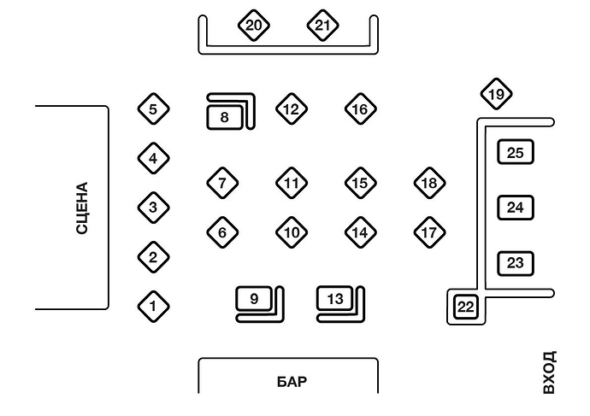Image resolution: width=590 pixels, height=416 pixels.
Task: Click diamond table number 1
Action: (x=153, y=305)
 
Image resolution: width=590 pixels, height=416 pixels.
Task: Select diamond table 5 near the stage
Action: (x=153, y=108)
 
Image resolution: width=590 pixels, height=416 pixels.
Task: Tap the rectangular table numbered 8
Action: (x=225, y=116)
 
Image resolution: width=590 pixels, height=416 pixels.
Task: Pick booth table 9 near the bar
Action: (x=254, y=298)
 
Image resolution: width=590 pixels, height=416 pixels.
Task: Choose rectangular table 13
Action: (x=335, y=298)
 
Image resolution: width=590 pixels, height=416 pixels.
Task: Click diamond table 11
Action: (x=292, y=182)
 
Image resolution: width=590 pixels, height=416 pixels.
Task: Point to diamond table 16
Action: (x=361, y=108)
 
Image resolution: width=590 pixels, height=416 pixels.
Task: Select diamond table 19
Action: (x=496, y=94)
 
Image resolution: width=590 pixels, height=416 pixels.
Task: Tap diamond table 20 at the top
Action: (x=253, y=26)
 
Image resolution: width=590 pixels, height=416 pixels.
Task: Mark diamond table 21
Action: (x=322, y=26)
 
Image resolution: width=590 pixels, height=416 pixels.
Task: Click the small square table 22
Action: (x=465, y=307)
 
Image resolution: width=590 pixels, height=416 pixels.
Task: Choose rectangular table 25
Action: (x=515, y=153)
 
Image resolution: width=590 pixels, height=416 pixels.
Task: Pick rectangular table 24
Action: (x=515, y=208)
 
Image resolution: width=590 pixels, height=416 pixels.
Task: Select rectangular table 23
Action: (x=515, y=263)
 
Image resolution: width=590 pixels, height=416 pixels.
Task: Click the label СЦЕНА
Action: (x=82, y=208)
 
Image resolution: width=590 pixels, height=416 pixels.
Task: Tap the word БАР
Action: (x=291, y=382)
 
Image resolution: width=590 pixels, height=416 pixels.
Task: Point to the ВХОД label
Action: (x=549, y=372)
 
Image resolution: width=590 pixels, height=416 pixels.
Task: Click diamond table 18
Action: (x=429, y=182)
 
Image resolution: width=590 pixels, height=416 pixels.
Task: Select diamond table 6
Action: (x=222, y=231)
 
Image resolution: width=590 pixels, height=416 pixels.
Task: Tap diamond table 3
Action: (x=153, y=207)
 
